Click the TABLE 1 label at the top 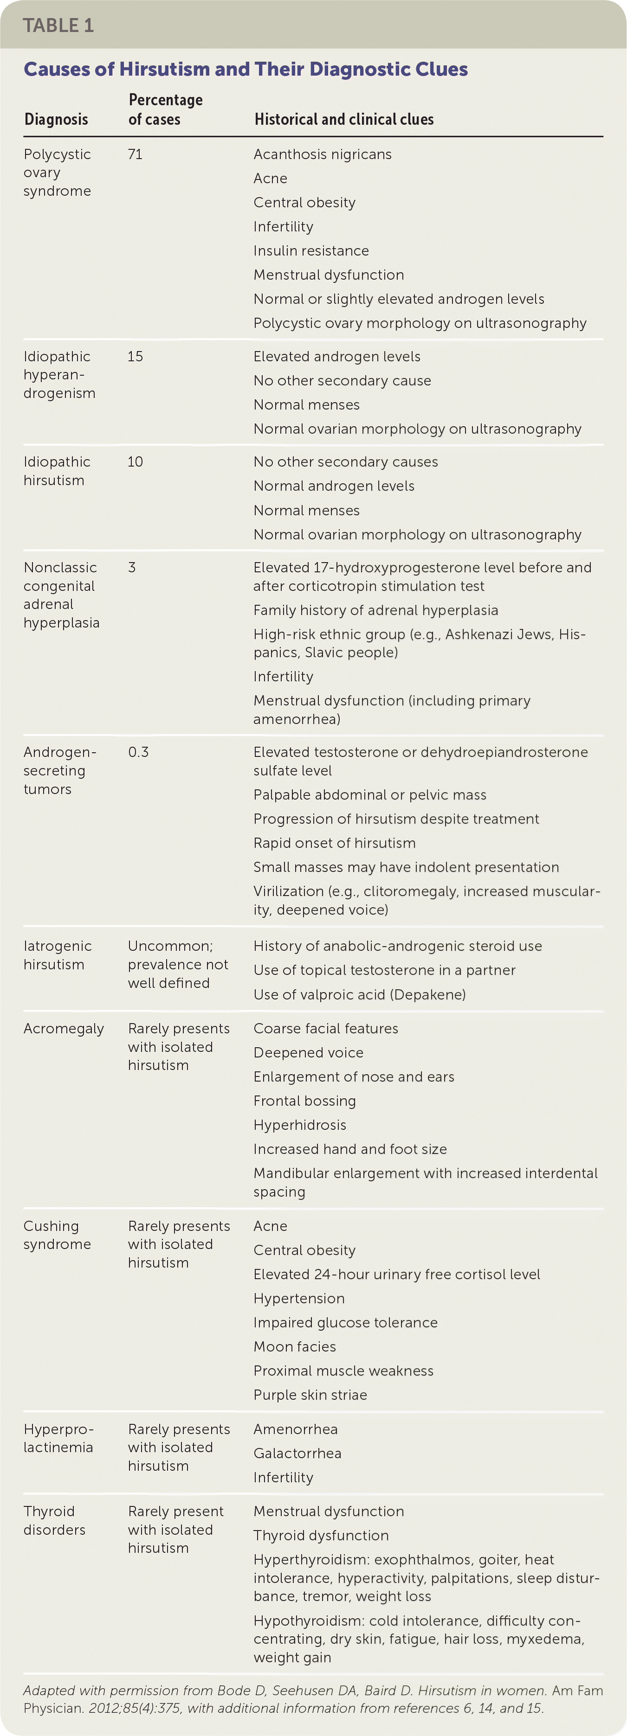[x=58, y=26]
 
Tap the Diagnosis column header [x=56, y=119]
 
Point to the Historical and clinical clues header [x=344, y=119]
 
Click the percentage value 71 [x=135, y=154]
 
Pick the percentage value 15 [x=135, y=357]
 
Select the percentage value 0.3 [x=138, y=752]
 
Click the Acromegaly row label [x=64, y=1028]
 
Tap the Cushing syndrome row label [x=57, y=1235]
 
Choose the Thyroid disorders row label [x=54, y=1520]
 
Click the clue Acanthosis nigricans [x=322, y=154]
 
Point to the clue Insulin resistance [x=311, y=251]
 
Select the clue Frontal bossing [x=304, y=1101]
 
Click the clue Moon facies [x=295, y=1346]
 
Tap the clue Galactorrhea [x=297, y=1453]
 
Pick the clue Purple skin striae [x=310, y=1395]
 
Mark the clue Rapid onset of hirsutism [x=335, y=843]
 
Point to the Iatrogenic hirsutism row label [x=57, y=955]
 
